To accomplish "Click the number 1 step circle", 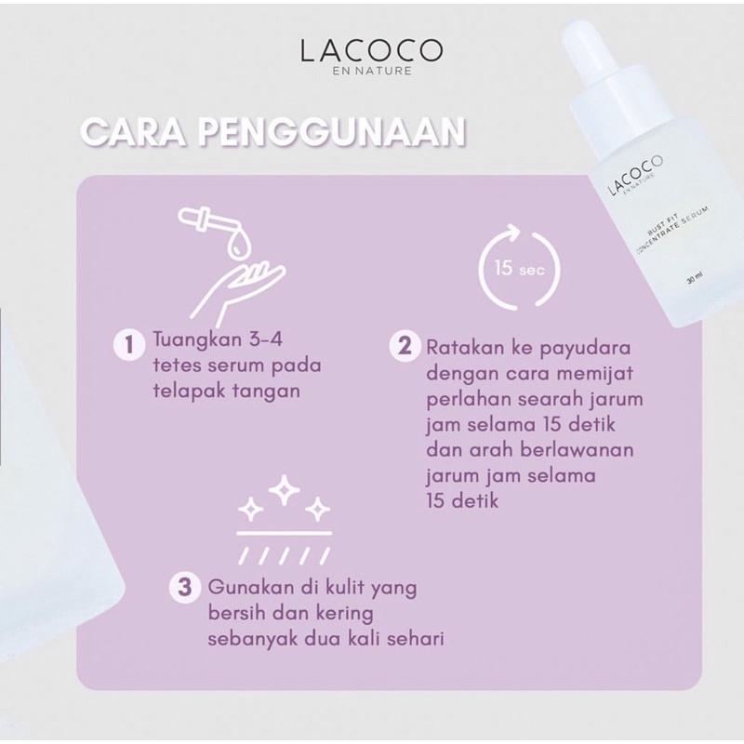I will (x=126, y=347).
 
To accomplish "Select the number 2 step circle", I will (x=404, y=347).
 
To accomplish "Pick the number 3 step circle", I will (x=186, y=587).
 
